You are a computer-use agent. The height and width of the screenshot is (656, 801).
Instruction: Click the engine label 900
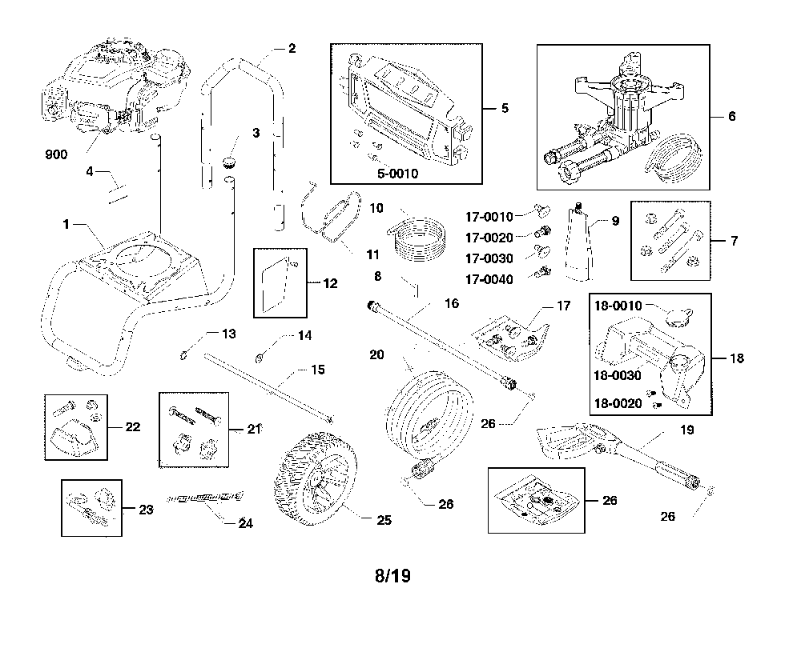56,154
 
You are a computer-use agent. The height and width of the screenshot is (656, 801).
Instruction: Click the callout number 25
384,520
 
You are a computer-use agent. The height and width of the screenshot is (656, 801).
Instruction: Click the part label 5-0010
399,174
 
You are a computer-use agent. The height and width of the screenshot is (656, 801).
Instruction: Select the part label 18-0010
618,305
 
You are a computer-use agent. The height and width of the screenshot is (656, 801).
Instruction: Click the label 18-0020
618,404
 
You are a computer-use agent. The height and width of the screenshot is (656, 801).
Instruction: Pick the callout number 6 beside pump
731,116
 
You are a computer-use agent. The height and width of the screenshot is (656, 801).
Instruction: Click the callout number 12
331,283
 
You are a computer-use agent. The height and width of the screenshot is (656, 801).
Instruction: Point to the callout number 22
133,427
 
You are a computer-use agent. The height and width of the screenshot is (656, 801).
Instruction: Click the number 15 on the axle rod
318,370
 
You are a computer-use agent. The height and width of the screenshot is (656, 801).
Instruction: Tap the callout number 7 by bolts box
735,240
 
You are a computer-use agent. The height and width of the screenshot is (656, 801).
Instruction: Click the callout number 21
256,430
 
